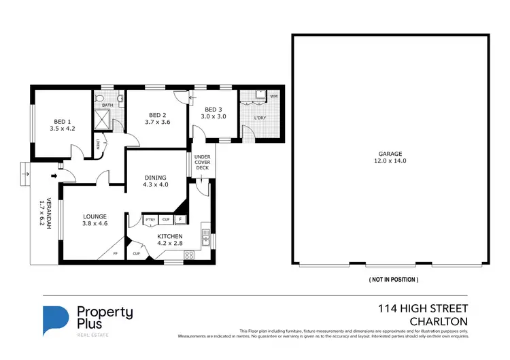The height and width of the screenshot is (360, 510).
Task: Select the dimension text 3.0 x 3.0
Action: (213, 116)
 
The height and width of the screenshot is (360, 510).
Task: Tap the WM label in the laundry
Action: (273, 97)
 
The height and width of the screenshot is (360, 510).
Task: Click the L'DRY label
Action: (259, 118)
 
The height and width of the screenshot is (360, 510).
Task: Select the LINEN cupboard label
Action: (98, 144)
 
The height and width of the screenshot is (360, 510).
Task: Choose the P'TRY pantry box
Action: (150, 220)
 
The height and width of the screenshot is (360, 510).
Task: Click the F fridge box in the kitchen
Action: (180, 220)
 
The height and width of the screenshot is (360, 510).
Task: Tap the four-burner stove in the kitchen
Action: (190, 255)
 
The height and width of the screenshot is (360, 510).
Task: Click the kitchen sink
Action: (205, 239)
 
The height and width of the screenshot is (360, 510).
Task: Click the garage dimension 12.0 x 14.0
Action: (390, 161)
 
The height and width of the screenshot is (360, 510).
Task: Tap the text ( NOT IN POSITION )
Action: (393, 280)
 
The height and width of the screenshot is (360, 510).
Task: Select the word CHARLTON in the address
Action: (439, 321)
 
